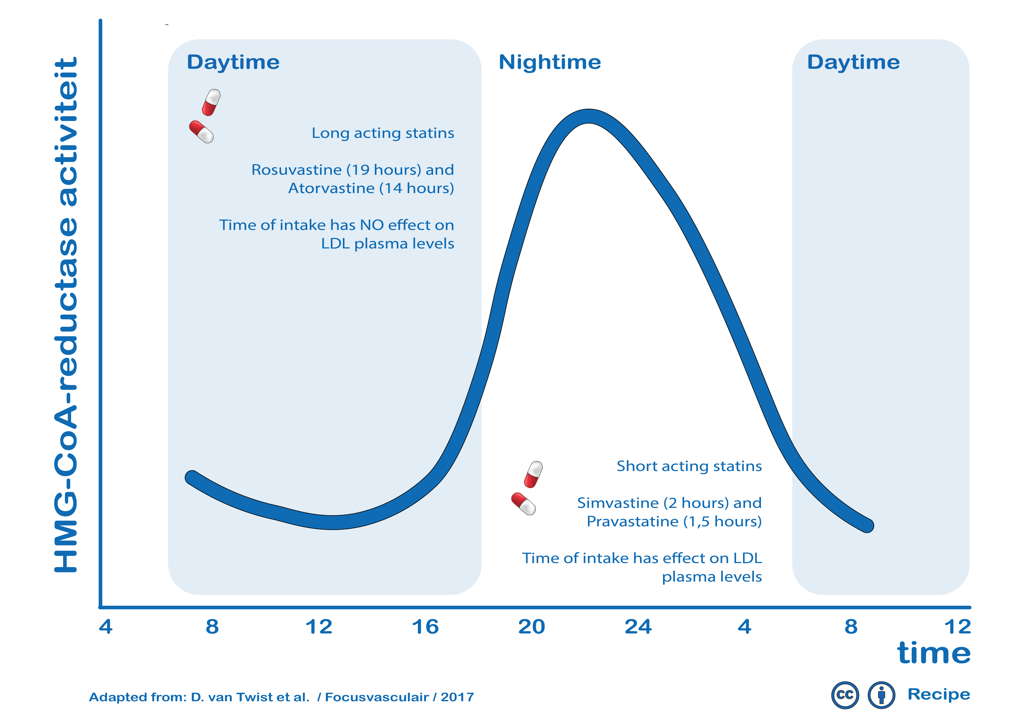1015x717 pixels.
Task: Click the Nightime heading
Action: click(549, 62)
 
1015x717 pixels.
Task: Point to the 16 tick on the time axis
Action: click(425, 627)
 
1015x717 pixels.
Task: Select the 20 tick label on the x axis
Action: click(532, 627)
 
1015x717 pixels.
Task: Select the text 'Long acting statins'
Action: click(383, 133)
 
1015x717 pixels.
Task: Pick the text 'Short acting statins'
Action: click(689, 466)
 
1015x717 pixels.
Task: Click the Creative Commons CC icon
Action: click(845, 695)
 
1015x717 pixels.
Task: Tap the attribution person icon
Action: click(881, 695)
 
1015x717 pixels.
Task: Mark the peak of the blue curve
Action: click(589, 116)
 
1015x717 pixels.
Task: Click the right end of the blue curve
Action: click(868, 526)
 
